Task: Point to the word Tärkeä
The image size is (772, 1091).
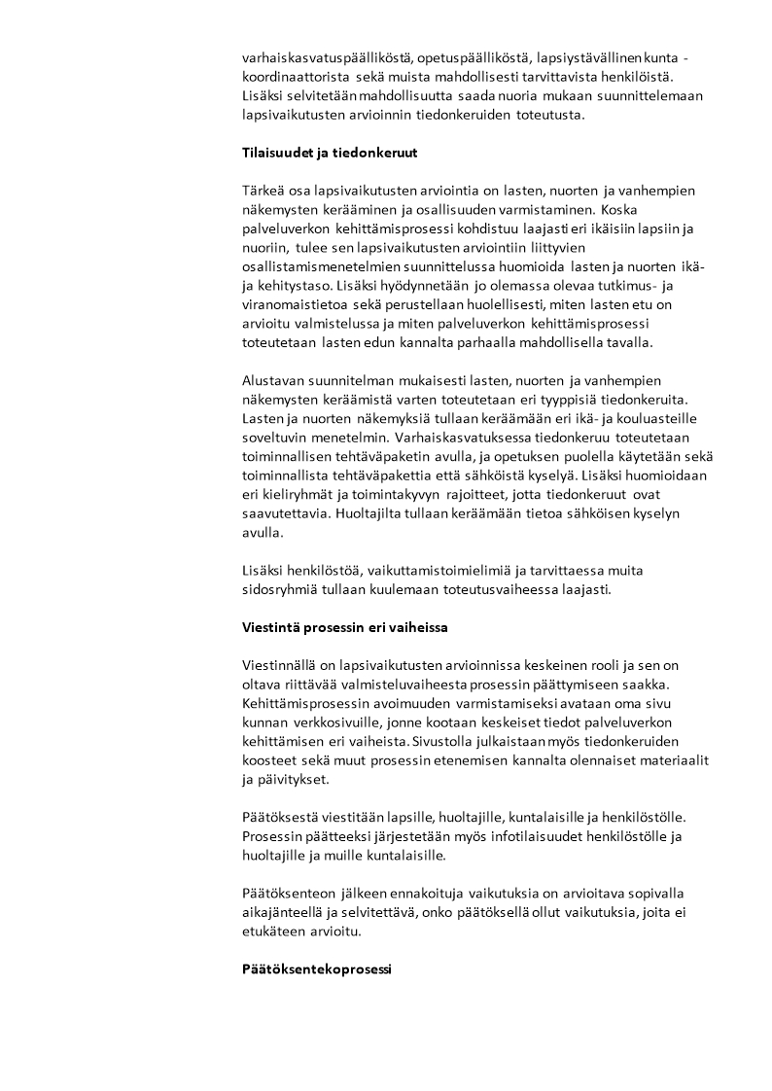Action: coord(263,191)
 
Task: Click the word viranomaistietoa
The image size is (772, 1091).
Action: coord(294,304)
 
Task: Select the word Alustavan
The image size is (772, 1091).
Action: coord(276,380)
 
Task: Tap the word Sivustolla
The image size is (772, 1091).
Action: coord(442,742)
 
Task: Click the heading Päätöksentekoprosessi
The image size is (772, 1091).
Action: coord(316,970)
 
